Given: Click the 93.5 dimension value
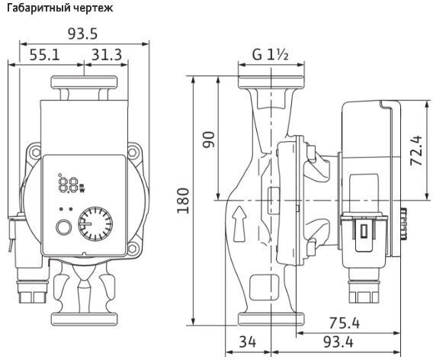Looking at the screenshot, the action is coord(83,34).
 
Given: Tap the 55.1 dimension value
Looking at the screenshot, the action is coord(44,55).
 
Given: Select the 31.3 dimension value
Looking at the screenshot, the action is coord(107,55).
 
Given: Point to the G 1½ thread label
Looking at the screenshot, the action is coord(271,54).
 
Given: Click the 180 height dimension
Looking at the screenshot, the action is coord(183,201).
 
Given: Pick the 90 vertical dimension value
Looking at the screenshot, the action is coord(209,140).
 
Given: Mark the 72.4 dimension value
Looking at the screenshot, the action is coord(416,150).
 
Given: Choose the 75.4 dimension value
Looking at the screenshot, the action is coord(345,323).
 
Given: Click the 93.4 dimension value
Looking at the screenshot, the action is coord(338,342).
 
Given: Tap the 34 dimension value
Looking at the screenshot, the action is coord(248,342).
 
